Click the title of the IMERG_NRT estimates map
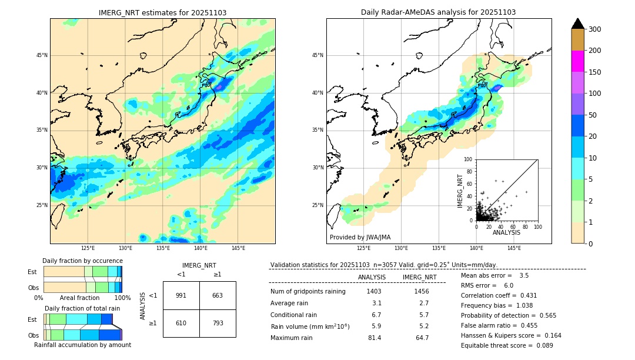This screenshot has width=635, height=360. (x=162, y=12)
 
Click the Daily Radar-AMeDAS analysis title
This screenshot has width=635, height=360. (x=438, y=12)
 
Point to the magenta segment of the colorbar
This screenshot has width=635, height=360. (x=577, y=61)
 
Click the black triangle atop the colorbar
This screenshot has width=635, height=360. (x=577, y=24)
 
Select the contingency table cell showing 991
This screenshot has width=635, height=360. (x=181, y=295)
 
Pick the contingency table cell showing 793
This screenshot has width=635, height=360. (x=218, y=323)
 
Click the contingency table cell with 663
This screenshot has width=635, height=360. (x=218, y=295)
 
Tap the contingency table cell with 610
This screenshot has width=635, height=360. (x=181, y=323)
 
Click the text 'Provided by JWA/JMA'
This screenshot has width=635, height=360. (x=360, y=238)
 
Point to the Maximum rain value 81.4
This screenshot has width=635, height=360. (x=375, y=338)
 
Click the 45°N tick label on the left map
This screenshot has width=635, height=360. (x=42, y=55)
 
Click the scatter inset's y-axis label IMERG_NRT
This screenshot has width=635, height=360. (x=461, y=191)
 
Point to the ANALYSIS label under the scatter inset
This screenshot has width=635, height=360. (x=506, y=233)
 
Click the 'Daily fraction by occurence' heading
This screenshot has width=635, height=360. (x=82, y=261)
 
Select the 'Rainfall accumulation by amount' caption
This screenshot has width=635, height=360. (x=82, y=345)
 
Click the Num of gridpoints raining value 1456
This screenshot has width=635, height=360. (x=422, y=291)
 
